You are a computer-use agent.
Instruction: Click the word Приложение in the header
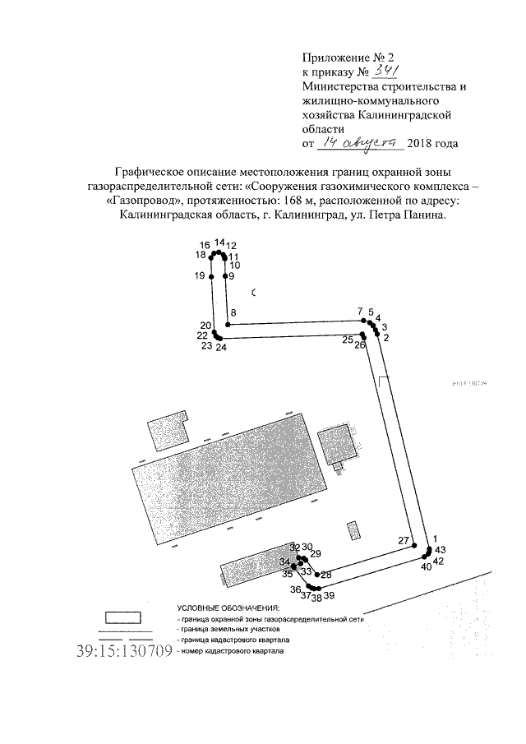coord(331,58)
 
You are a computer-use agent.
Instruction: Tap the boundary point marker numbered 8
coord(227,325)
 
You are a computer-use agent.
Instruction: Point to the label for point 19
coord(200,276)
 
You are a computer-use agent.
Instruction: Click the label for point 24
coord(220,348)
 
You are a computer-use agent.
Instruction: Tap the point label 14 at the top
coord(219,243)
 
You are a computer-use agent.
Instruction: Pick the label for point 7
coord(360,311)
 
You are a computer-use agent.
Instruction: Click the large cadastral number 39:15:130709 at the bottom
coord(123,652)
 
